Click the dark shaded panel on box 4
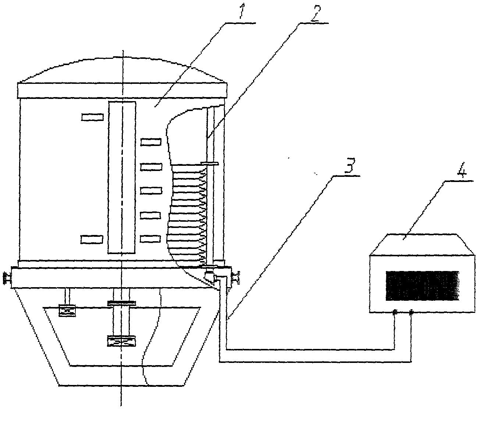point(422,286)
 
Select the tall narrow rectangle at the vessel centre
point(122,178)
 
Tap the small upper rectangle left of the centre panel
point(92,117)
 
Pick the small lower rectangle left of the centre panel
point(92,239)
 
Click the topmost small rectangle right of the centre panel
point(151,142)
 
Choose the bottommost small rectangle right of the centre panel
point(150,239)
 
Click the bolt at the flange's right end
point(236,277)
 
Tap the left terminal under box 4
point(394,313)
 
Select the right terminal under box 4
point(411,313)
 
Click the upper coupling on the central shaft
point(121,303)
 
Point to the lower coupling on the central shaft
point(121,341)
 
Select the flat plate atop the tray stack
point(210,164)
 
